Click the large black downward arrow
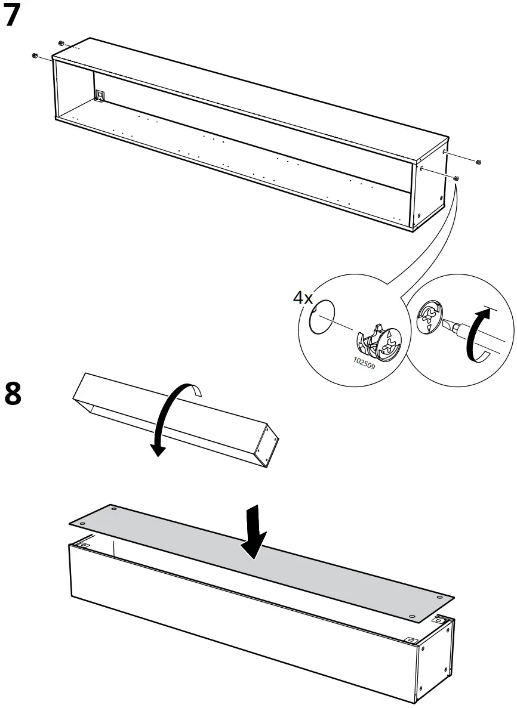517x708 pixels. (256, 531)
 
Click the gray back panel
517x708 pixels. (257, 561)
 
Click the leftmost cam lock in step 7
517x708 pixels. (35, 55)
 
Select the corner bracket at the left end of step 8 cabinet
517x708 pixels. (83, 545)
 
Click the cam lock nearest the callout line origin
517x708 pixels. (456, 178)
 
